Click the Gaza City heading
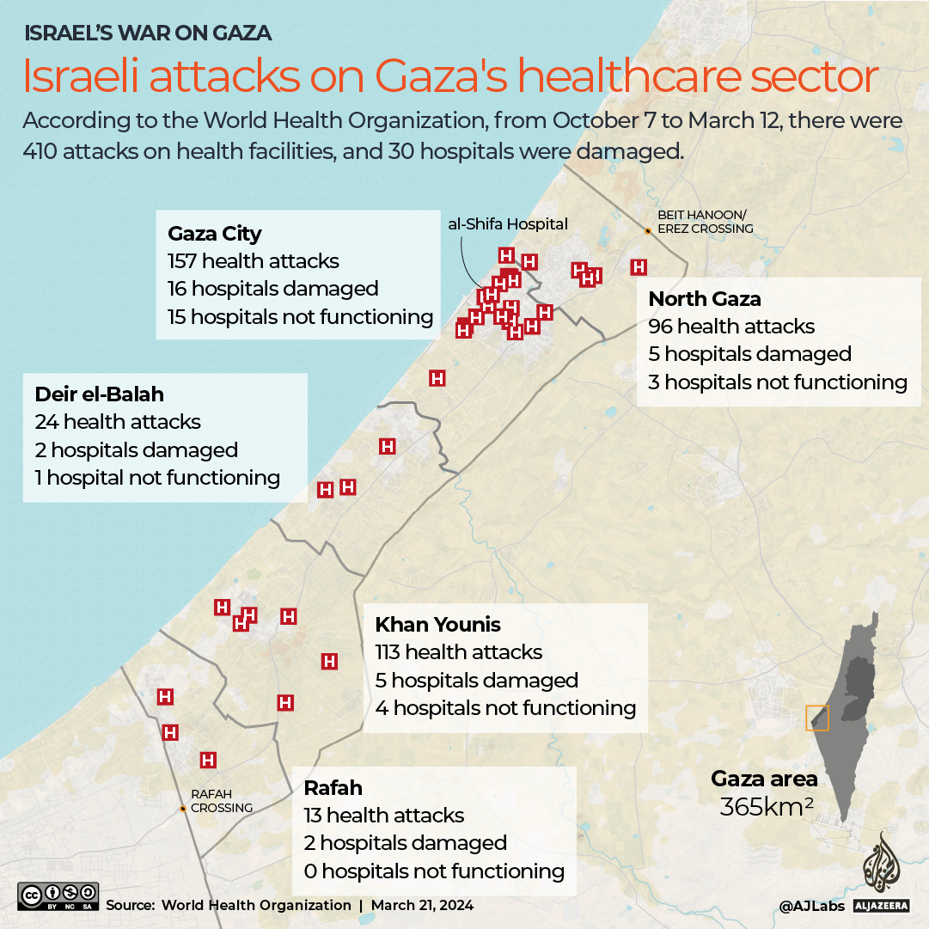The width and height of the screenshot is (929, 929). tap(215, 234)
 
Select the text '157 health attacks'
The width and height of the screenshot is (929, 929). tap(254, 261)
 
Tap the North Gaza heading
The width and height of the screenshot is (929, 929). tap(705, 299)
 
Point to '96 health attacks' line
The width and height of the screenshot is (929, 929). tap(731, 327)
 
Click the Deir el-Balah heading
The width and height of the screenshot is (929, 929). tap(100, 394)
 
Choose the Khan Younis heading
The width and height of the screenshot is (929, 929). tap(438, 625)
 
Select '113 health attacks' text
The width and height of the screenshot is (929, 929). tap(459, 652)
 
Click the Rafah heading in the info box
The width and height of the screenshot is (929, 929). tap(333, 788)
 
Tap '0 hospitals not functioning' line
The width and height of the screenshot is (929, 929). tap(434, 871)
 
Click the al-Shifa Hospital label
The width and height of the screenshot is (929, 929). tap(508, 224)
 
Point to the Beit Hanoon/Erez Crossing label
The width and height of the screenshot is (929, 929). tap(705, 222)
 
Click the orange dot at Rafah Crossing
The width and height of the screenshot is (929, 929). tap(183, 809)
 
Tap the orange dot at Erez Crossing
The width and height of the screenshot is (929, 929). tap(648, 230)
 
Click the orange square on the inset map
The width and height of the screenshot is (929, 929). tap(816, 718)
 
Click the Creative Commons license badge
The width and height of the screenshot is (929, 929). tap(58, 895)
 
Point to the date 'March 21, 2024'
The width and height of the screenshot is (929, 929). tap(422, 905)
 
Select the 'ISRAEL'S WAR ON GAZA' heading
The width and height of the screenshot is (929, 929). tap(148, 34)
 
